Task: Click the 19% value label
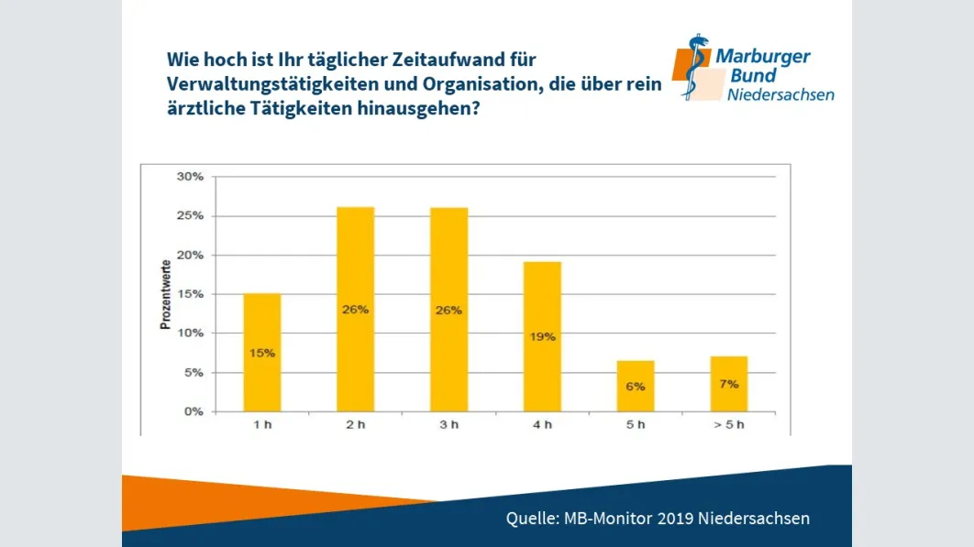point(542,336)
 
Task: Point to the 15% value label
point(261,353)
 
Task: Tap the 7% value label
point(729,384)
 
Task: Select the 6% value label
point(636,387)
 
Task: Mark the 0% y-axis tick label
point(194,411)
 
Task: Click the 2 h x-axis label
point(355,425)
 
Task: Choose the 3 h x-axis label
point(448,425)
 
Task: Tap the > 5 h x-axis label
point(729,425)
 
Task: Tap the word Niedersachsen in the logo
point(780,93)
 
